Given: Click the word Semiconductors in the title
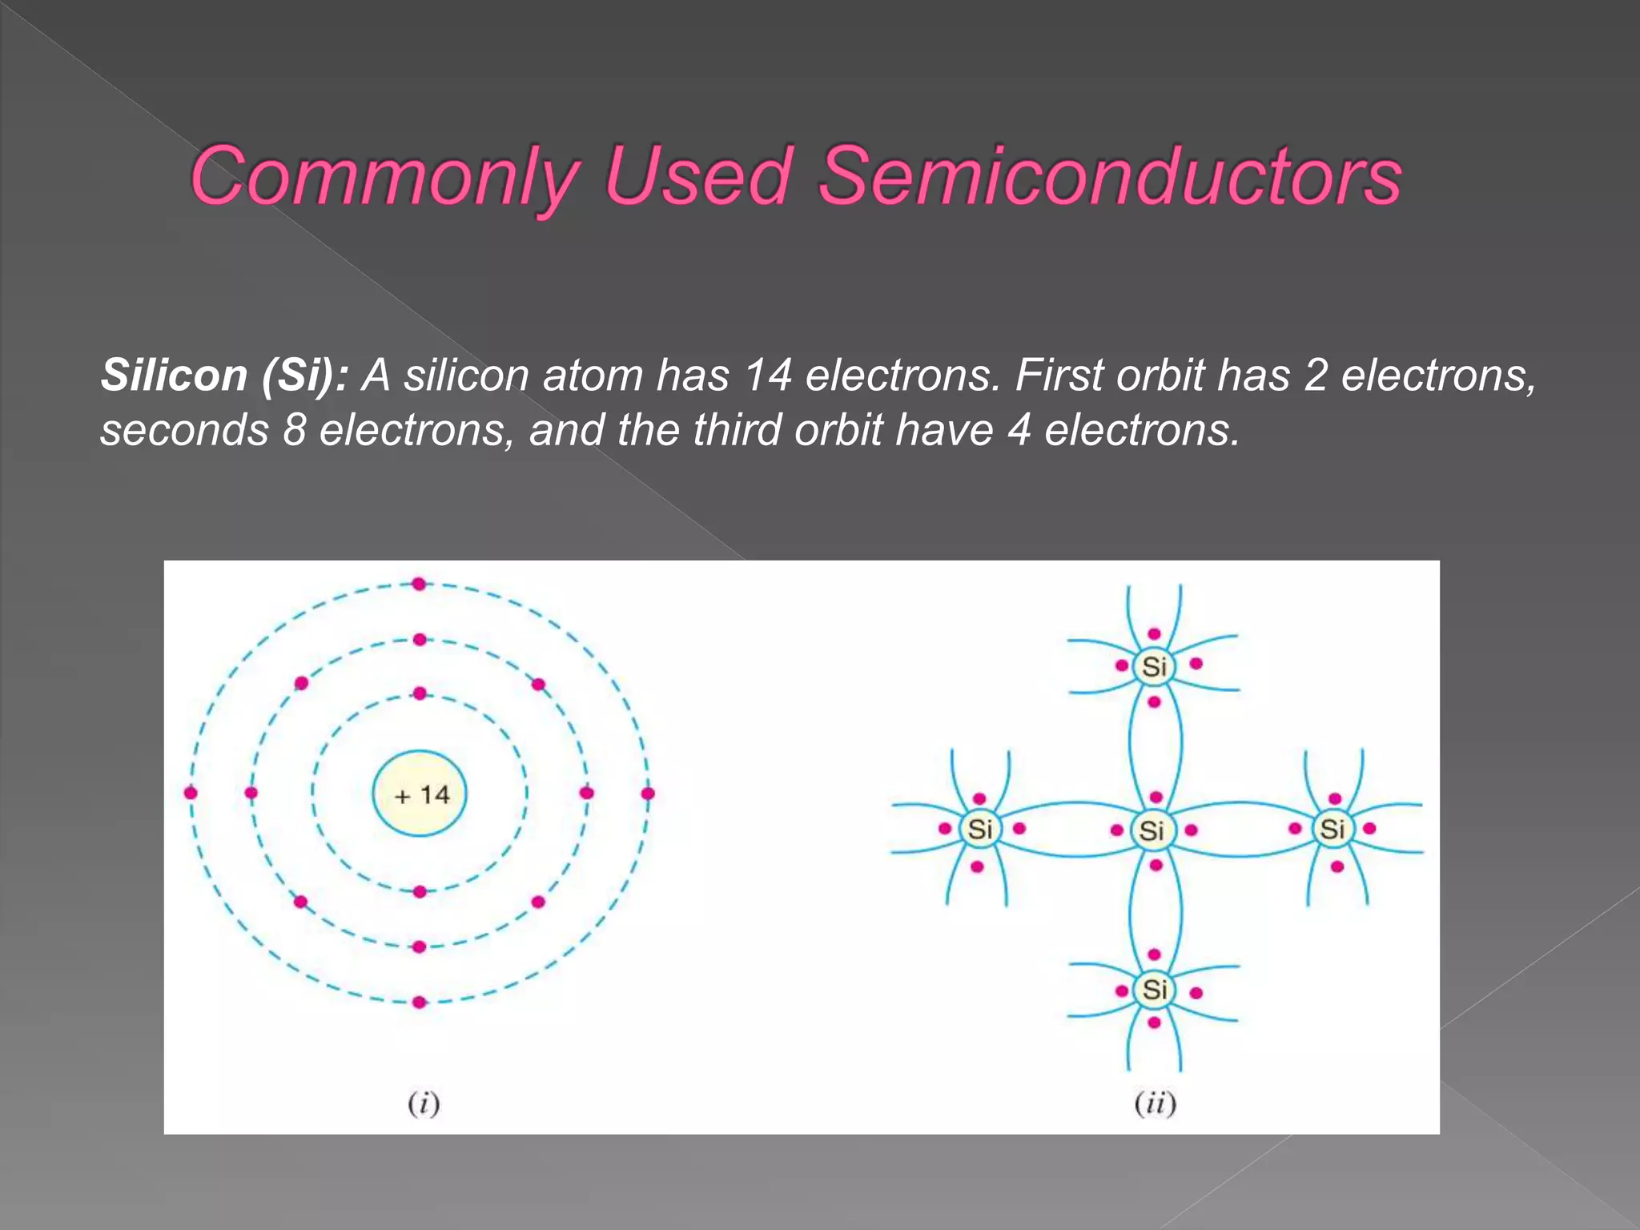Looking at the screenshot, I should point(1110,176).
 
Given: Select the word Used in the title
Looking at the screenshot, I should point(697,176).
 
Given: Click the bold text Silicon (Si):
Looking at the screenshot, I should point(225,375).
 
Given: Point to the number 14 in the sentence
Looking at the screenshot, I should point(767,375).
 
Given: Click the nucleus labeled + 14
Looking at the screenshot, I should point(420,794).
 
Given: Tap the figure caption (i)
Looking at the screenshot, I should point(424,1103).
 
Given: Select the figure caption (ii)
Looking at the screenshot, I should point(1155,1103).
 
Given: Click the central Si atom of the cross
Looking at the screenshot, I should point(1152,830).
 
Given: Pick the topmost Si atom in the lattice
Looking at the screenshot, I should point(1154,666).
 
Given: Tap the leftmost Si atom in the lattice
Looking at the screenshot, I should point(980,829).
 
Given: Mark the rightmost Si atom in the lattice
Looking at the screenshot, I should point(1332,829).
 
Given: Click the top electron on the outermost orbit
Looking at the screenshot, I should point(419,584).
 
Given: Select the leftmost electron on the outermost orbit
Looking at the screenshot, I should point(191,793).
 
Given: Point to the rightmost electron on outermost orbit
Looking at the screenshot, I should point(648,793).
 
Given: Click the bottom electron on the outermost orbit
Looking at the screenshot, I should point(420,1002).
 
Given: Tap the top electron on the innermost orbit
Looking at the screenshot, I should point(420,693).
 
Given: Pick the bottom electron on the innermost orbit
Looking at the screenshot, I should point(420,891).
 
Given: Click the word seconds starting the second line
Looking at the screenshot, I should point(184,431).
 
